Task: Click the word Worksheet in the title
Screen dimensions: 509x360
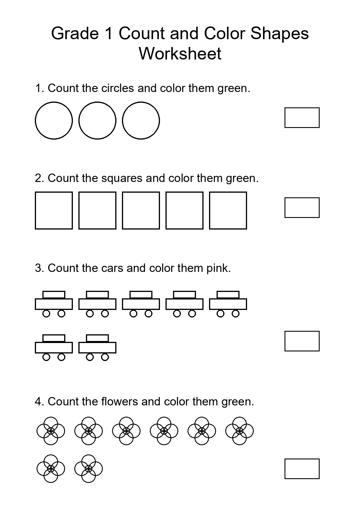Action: (180, 54)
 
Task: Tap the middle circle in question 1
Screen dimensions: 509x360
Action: (97, 120)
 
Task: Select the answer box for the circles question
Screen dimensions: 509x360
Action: (302, 118)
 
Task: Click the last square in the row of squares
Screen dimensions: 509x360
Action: (228, 210)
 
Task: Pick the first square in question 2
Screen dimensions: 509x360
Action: (54, 210)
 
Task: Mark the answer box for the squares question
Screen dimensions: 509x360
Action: (302, 207)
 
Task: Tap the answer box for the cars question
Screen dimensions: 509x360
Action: (302, 341)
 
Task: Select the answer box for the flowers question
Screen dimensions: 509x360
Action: (302, 469)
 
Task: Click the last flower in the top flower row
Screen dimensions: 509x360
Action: (240, 431)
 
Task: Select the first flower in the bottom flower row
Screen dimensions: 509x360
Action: (51, 469)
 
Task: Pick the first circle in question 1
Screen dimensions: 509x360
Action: (54, 120)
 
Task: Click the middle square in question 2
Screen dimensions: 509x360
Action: (141, 210)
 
